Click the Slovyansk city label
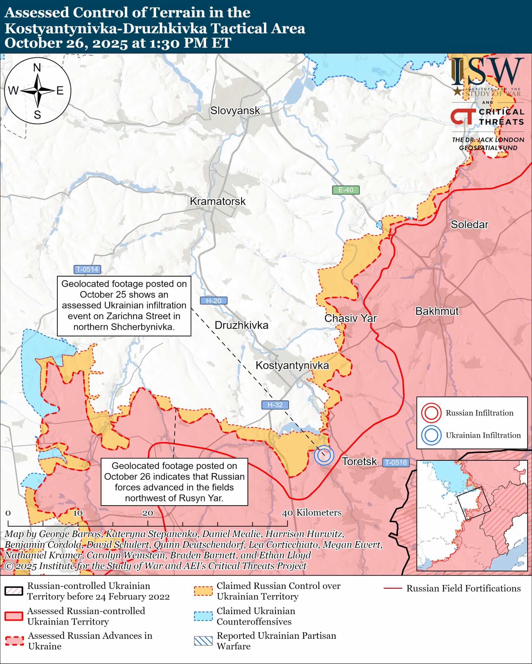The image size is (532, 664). [x=235, y=110]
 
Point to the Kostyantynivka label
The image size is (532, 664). [x=292, y=365]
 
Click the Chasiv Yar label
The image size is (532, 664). [x=350, y=318]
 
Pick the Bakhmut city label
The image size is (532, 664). [x=437, y=311]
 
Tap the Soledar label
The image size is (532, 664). [x=469, y=225]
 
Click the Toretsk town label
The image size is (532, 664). [x=359, y=461]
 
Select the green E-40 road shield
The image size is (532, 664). [x=345, y=190]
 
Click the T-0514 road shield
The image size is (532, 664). [x=87, y=269]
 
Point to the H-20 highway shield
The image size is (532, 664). [x=214, y=301]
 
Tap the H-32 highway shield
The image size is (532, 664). [x=275, y=405]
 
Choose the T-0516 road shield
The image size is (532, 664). [x=396, y=462]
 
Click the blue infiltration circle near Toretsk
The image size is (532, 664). [x=324, y=455]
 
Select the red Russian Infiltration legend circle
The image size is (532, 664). [x=431, y=413]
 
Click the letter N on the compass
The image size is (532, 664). [x=37, y=67]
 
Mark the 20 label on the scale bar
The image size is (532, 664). [x=148, y=513]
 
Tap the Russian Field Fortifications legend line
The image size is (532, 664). [x=393, y=588]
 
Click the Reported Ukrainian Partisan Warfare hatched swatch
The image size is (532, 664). [x=203, y=641]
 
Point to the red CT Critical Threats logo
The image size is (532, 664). [x=463, y=117]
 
